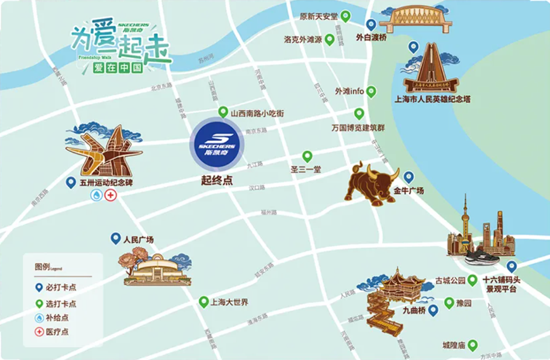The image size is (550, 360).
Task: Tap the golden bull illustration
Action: pyautogui.click(x=371, y=183)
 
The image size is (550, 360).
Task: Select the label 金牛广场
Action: pyautogui.click(x=408, y=191)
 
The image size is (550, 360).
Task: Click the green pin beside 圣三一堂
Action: pyautogui.click(x=307, y=156)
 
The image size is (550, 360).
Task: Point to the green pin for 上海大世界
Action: pyautogui.click(x=203, y=302)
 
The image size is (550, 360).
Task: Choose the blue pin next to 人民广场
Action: pyautogui.click(x=115, y=239)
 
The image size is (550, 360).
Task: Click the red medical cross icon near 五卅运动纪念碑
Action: pyautogui.click(x=111, y=196)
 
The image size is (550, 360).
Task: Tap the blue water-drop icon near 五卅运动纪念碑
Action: pyautogui.click(x=96, y=196)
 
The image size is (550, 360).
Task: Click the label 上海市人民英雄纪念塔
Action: pyautogui.click(x=432, y=99)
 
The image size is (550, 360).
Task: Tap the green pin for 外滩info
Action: pyautogui.click(x=371, y=91)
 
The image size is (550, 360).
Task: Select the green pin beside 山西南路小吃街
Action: pyautogui.click(x=223, y=112)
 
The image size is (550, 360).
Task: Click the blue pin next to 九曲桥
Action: pyautogui.click(x=433, y=310)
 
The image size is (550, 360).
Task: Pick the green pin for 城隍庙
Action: pyautogui.click(x=472, y=345)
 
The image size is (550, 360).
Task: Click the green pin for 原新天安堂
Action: pyautogui.click(x=345, y=16)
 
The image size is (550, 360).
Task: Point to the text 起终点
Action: pyautogui.click(x=217, y=180)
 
